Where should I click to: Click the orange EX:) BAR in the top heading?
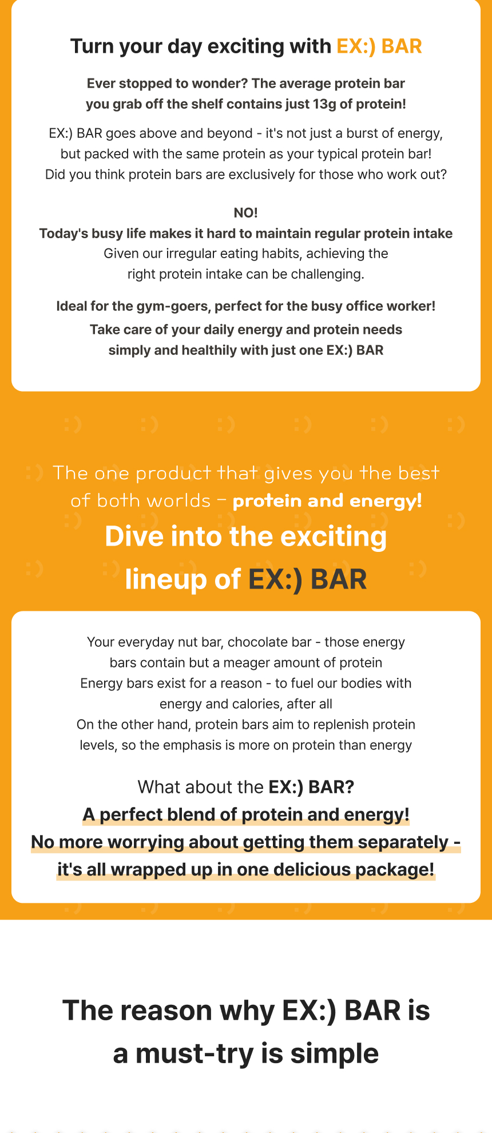click(379, 46)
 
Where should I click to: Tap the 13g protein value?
click(324, 104)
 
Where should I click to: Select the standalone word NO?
click(246, 213)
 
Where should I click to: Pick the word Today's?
click(64, 234)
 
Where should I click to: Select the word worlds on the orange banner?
click(182, 501)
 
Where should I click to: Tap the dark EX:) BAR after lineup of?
click(308, 579)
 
